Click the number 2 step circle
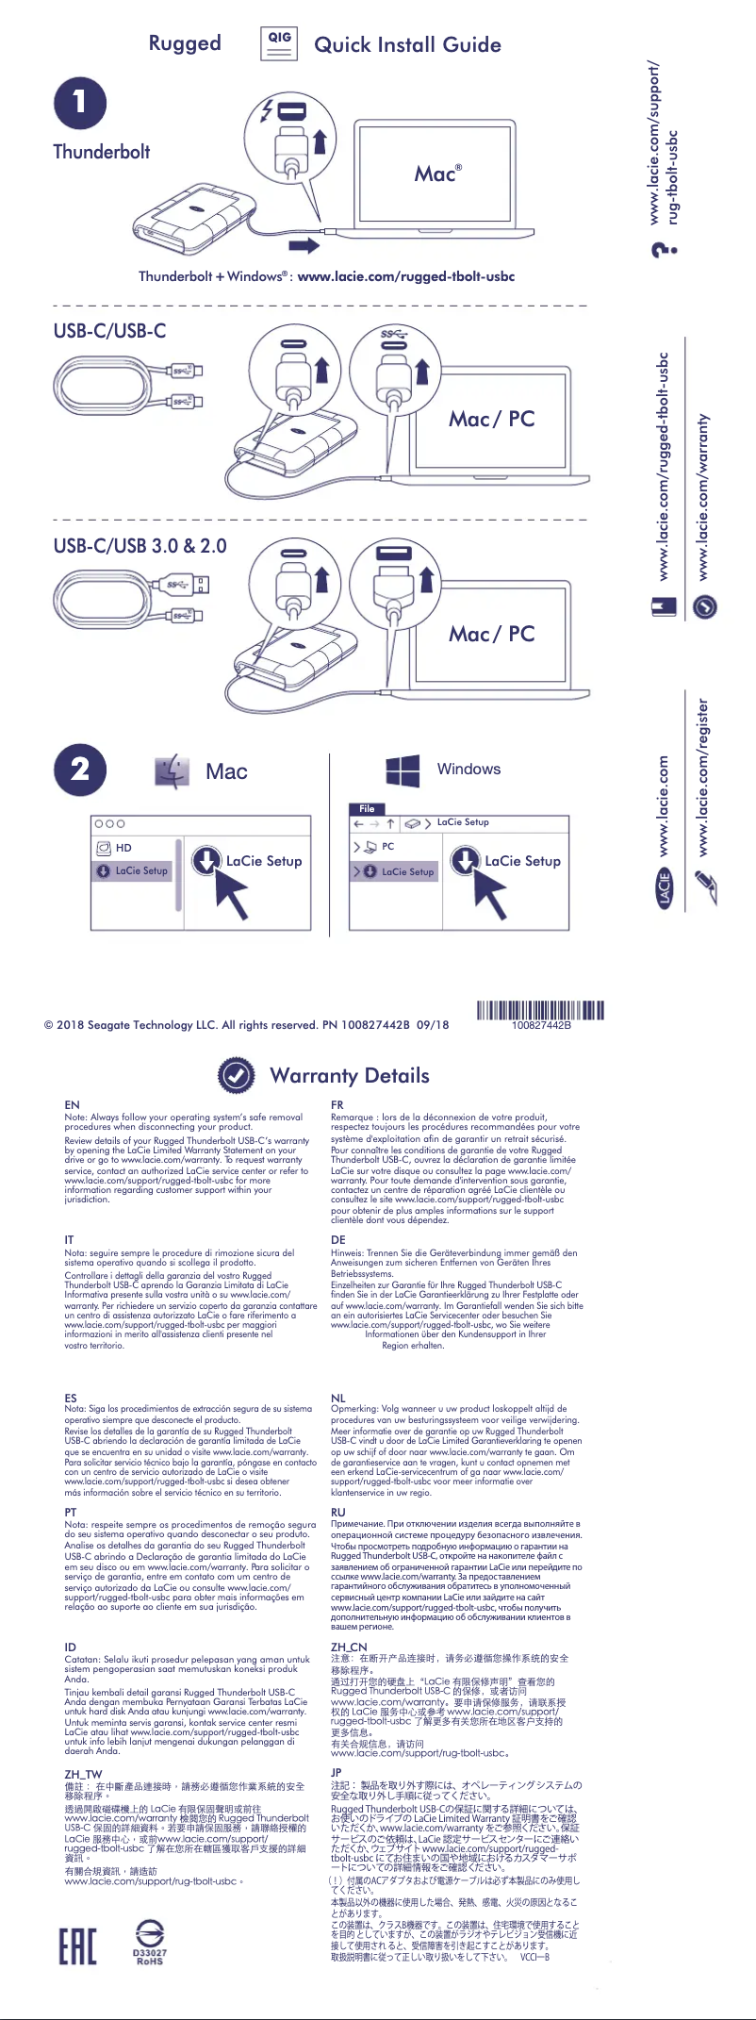pos(80,770)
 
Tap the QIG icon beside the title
pos(279,42)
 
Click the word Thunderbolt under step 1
pos(101,152)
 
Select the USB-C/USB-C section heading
pos(109,331)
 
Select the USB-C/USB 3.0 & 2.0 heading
pos(140,546)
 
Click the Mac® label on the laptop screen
pos(437,174)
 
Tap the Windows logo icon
pos(403,770)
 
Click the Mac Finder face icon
pos(173,771)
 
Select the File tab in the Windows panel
pos(367,808)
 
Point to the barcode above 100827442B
pos(540,1011)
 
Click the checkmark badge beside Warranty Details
pos(236,1075)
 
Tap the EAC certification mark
pos(77,1945)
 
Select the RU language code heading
pos(338,1512)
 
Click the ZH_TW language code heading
pos(83,1774)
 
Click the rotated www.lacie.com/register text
pos(703,778)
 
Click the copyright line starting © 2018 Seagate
pos(246,1025)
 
